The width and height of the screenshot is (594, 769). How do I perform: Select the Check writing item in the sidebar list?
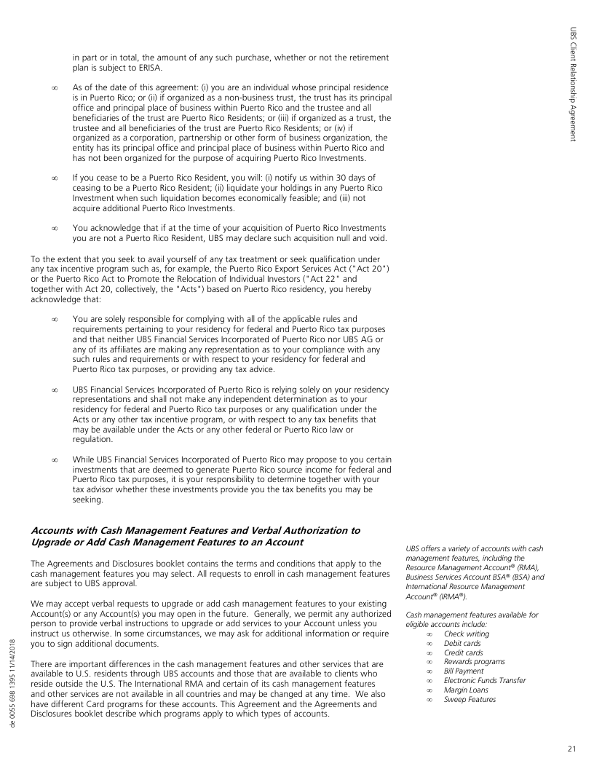[x=466, y=634]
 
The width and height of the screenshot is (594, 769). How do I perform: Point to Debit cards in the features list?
[x=462, y=643]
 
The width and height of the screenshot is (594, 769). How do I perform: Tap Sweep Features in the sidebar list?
[x=470, y=700]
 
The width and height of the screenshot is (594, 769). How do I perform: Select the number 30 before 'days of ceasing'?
[x=339, y=178]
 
